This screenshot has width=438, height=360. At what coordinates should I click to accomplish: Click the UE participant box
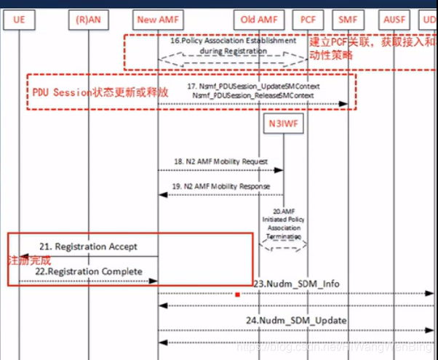[x=19, y=19]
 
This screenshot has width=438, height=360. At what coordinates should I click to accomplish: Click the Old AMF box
[x=259, y=19]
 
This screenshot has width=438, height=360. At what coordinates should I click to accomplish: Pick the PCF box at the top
[x=308, y=19]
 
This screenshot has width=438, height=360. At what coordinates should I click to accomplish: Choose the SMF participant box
[x=348, y=19]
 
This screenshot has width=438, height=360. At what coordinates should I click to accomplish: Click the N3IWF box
[x=284, y=124]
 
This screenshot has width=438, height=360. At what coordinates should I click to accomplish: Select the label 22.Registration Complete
[x=90, y=271]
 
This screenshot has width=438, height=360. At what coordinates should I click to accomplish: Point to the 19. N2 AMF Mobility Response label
[x=221, y=186]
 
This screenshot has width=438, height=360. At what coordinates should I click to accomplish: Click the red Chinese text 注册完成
[x=29, y=260]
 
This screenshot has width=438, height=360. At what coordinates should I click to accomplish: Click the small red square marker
[x=237, y=295]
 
